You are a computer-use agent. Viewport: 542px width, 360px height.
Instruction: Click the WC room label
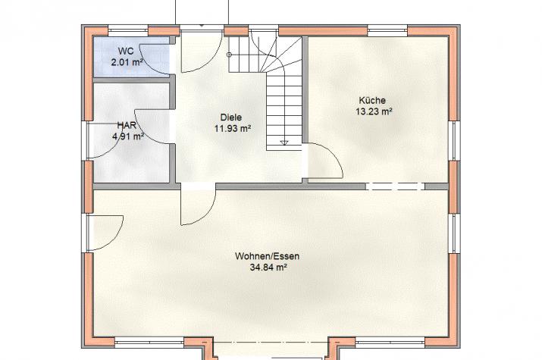126,52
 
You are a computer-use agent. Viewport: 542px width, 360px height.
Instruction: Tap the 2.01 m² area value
127,63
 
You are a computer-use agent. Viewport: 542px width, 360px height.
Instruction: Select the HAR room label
127,125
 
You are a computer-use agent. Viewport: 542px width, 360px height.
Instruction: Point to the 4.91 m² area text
128,136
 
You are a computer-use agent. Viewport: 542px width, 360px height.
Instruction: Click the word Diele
231,117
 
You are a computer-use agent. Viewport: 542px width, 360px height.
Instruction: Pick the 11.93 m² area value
233,129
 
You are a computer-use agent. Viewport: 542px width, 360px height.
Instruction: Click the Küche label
372,100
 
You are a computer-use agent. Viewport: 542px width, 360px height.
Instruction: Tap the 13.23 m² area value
374,111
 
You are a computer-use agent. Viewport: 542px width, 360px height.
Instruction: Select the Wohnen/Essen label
267,256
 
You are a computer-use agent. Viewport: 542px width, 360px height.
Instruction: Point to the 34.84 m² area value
268,268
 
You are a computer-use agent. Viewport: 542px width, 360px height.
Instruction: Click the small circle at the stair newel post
229,55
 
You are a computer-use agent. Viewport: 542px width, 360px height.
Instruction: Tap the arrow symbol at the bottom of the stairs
284,142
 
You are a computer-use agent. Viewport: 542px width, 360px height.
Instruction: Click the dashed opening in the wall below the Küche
396,186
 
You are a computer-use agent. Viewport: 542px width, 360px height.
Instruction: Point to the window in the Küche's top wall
387,30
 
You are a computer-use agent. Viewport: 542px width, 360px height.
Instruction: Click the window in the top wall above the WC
128,30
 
